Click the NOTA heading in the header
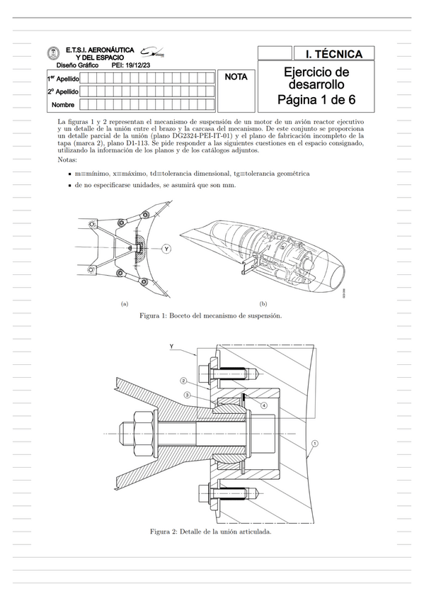coord(236,77)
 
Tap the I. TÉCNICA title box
coord(333,54)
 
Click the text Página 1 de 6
coord(316,100)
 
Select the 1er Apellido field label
coord(63,79)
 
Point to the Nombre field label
coord(63,105)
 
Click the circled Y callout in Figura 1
coord(166,249)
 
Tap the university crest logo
coord(53,53)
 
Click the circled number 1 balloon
coord(315,443)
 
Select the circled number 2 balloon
coord(183,381)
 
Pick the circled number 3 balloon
coord(187,394)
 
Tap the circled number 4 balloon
coord(265,405)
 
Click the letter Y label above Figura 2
coord(172,346)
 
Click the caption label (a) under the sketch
coord(125,304)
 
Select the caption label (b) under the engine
coord(263,304)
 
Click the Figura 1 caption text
coord(211,316)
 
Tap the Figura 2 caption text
coord(211,532)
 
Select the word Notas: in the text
coord(67,159)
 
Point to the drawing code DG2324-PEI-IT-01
coord(197,135)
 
